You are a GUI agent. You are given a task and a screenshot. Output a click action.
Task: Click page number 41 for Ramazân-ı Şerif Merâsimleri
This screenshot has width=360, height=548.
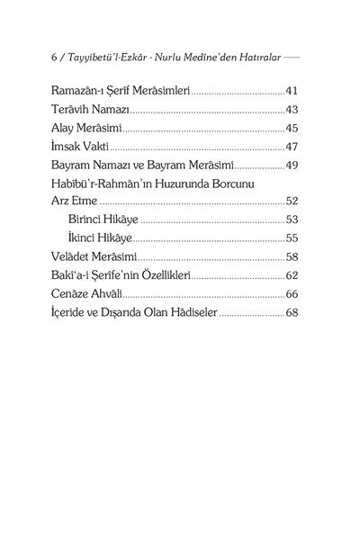click(x=291, y=91)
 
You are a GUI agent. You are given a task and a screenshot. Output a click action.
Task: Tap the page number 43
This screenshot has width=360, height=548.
click(x=291, y=109)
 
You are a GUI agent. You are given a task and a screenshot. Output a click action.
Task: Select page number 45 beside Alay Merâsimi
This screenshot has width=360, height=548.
click(x=291, y=128)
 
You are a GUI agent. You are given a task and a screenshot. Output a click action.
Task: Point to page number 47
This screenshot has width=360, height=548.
click(x=291, y=146)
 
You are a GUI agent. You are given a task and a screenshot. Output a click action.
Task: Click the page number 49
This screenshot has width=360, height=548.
click(x=291, y=165)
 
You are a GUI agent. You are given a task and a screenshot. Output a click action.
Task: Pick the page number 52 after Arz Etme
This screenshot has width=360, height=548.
click(x=291, y=201)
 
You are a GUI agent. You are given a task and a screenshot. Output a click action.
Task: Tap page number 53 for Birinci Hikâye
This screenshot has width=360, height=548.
click(x=291, y=220)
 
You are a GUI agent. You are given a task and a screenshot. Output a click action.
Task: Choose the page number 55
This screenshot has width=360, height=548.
click(x=291, y=238)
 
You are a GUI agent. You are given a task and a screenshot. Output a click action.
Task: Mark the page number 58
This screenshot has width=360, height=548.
click(x=291, y=256)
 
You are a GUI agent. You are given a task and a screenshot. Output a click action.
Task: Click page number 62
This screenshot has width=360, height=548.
click(x=291, y=275)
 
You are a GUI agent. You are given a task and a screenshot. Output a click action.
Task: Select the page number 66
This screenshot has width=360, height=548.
click(x=291, y=293)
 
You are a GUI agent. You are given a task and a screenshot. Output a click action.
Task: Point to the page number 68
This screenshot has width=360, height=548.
click(x=291, y=312)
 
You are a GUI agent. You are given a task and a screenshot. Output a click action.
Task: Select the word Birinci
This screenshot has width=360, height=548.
click(x=90, y=220)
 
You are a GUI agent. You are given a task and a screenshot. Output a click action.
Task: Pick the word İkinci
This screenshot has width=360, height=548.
click(x=85, y=238)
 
